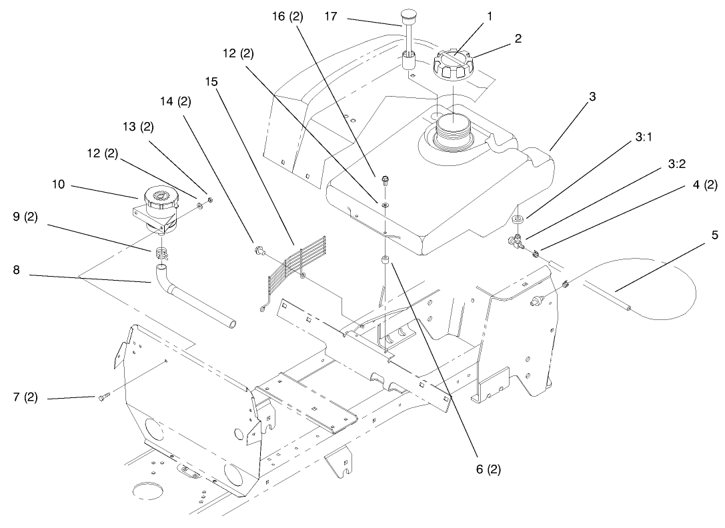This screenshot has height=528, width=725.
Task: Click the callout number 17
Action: [x=331, y=17]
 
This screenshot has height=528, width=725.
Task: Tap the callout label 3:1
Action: [x=643, y=137]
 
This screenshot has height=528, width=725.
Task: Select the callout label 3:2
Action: [x=676, y=164]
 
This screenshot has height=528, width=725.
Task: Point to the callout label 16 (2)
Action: [x=287, y=17]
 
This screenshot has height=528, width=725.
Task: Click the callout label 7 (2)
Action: [x=25, y=397]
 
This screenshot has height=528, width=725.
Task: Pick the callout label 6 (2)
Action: [x=488, y=469]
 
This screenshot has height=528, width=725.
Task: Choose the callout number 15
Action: [x=211, y=81]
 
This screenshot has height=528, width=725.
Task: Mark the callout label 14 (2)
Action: [x=175, y=101]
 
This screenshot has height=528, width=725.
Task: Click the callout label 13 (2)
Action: [x=138, y=127]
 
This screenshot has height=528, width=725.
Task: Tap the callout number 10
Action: [x=59, y=185]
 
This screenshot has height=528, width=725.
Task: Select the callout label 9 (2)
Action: [x=25, y=217]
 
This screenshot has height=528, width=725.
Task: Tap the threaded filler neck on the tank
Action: [x=454, y=129]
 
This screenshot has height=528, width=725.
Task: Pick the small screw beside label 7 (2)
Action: [x=103, y=396]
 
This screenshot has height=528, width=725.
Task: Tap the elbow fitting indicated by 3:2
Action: [x=514, y=241]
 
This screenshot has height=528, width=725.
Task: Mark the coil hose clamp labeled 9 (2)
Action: [x=161, y=253]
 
